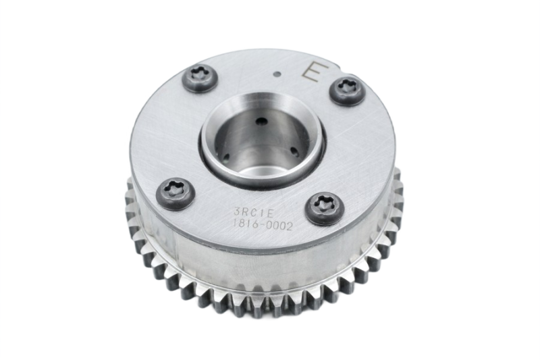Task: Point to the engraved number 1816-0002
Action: pos(263,226)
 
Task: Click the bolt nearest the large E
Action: pos(347,91)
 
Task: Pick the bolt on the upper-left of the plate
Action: pos(198,78)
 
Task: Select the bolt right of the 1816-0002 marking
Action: pos(325,210)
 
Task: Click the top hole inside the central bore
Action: pos(263,121)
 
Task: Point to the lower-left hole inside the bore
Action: pos(226,157)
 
